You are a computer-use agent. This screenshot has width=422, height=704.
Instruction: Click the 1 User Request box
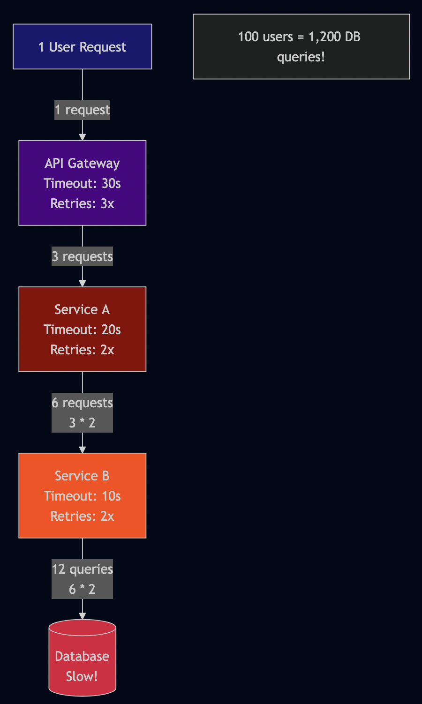tap(82, 46)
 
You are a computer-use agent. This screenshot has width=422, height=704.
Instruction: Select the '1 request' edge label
tap(82, 110)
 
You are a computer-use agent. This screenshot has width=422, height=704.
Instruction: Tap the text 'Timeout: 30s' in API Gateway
tap(82, 183)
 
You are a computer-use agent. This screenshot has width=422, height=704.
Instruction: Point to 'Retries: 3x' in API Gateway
tap(82, 203)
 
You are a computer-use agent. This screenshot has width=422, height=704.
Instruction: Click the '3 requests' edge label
tap(82, 256)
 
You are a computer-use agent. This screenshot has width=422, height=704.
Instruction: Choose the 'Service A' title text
tap(82, 309)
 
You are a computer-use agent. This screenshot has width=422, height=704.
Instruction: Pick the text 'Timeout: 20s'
tap(82, 330)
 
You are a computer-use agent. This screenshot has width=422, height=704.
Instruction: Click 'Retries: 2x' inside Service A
tap(82, 350)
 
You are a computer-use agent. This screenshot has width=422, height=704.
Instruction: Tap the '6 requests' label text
tap(82, 403)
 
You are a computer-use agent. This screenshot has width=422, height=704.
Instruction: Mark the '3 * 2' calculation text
tap(82, 423)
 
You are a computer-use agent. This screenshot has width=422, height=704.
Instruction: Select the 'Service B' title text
tap(82, 476)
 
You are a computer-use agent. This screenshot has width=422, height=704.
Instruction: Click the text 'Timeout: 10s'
tap(82, 496)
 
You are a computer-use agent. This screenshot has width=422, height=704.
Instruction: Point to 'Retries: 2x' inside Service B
tap(82, 516)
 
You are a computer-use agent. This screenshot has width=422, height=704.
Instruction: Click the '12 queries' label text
tap(82, 569)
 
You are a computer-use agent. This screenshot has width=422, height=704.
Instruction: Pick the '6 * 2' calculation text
tap(82, 589)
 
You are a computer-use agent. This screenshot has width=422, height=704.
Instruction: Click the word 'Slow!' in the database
tap(82, 676)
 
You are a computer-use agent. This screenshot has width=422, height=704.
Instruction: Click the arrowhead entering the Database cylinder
tap(83, 615)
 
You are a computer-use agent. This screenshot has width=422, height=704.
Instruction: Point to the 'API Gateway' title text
tap(82, 163)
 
